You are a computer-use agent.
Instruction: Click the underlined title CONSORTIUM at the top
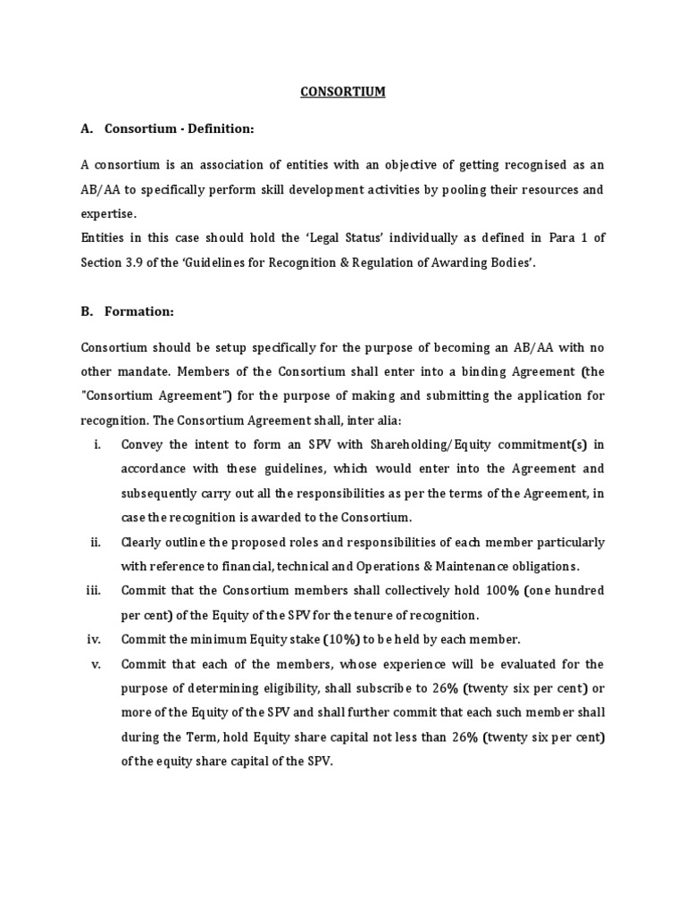coord(343,91)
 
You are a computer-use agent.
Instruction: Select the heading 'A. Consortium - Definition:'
coord(168,129)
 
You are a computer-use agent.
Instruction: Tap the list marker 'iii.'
coord(95,591)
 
